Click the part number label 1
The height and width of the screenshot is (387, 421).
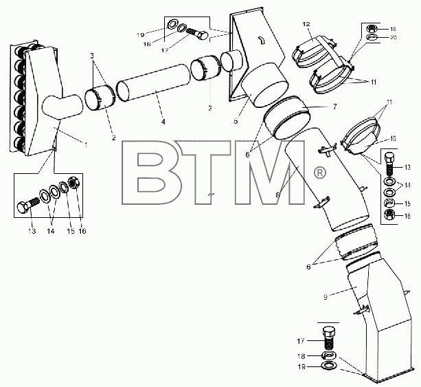click(x=86, y=145)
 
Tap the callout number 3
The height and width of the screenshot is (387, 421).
click(x=92, y=56)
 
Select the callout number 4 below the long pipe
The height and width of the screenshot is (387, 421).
click(x=163, y=122)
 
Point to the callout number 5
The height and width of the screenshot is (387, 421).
click(x=236, y=121)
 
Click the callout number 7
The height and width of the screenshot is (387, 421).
click(x=334, y=107)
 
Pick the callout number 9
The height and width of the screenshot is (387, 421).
click(x=326, y=297)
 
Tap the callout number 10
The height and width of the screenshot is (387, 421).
click(x=392, y=139)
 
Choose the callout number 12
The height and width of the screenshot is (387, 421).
click(x=306, y=24)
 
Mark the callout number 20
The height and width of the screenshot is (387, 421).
click(x=393, y=37)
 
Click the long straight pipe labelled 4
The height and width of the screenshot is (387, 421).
click(x=154, y=82)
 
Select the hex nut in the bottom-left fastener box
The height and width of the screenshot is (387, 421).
click(x=74, y=182)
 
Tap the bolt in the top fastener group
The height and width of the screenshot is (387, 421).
click(x=197, y=34)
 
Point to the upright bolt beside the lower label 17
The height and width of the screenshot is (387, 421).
click(x=328, y=338)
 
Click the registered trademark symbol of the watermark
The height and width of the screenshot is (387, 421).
click(x=319, y=173)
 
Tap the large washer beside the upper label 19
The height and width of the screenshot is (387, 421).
click(x=172, y=23)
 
